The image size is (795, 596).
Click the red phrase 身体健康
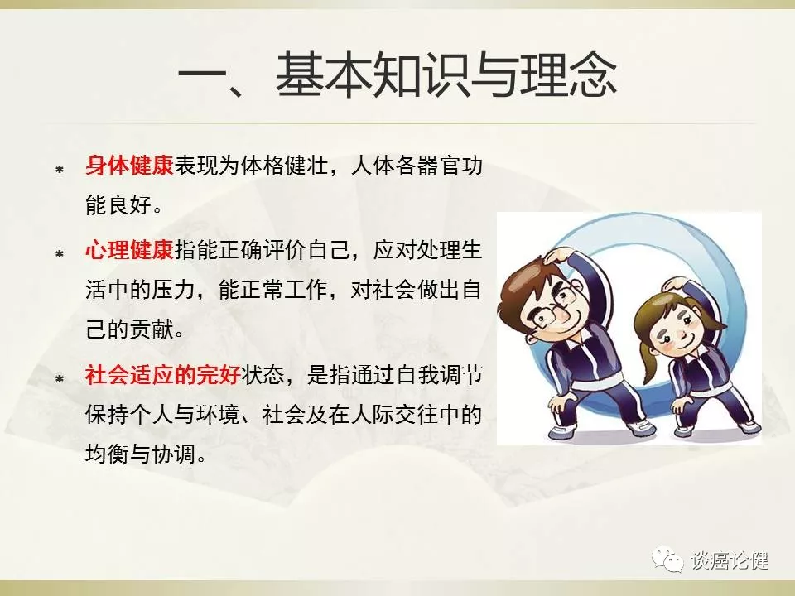pos(129,166)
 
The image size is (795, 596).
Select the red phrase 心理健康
pos(129,250)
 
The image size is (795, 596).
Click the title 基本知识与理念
pos(446,75)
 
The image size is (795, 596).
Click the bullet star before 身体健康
pos(60,169)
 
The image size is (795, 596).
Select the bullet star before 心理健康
pos(60,253)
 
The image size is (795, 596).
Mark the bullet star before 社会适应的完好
pos(60,378)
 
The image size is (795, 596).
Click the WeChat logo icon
pos(667,560)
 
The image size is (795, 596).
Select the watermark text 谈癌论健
pos(730,561)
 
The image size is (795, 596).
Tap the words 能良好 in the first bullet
pos(118,206)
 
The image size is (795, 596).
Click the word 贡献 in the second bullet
pos(152,330)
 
